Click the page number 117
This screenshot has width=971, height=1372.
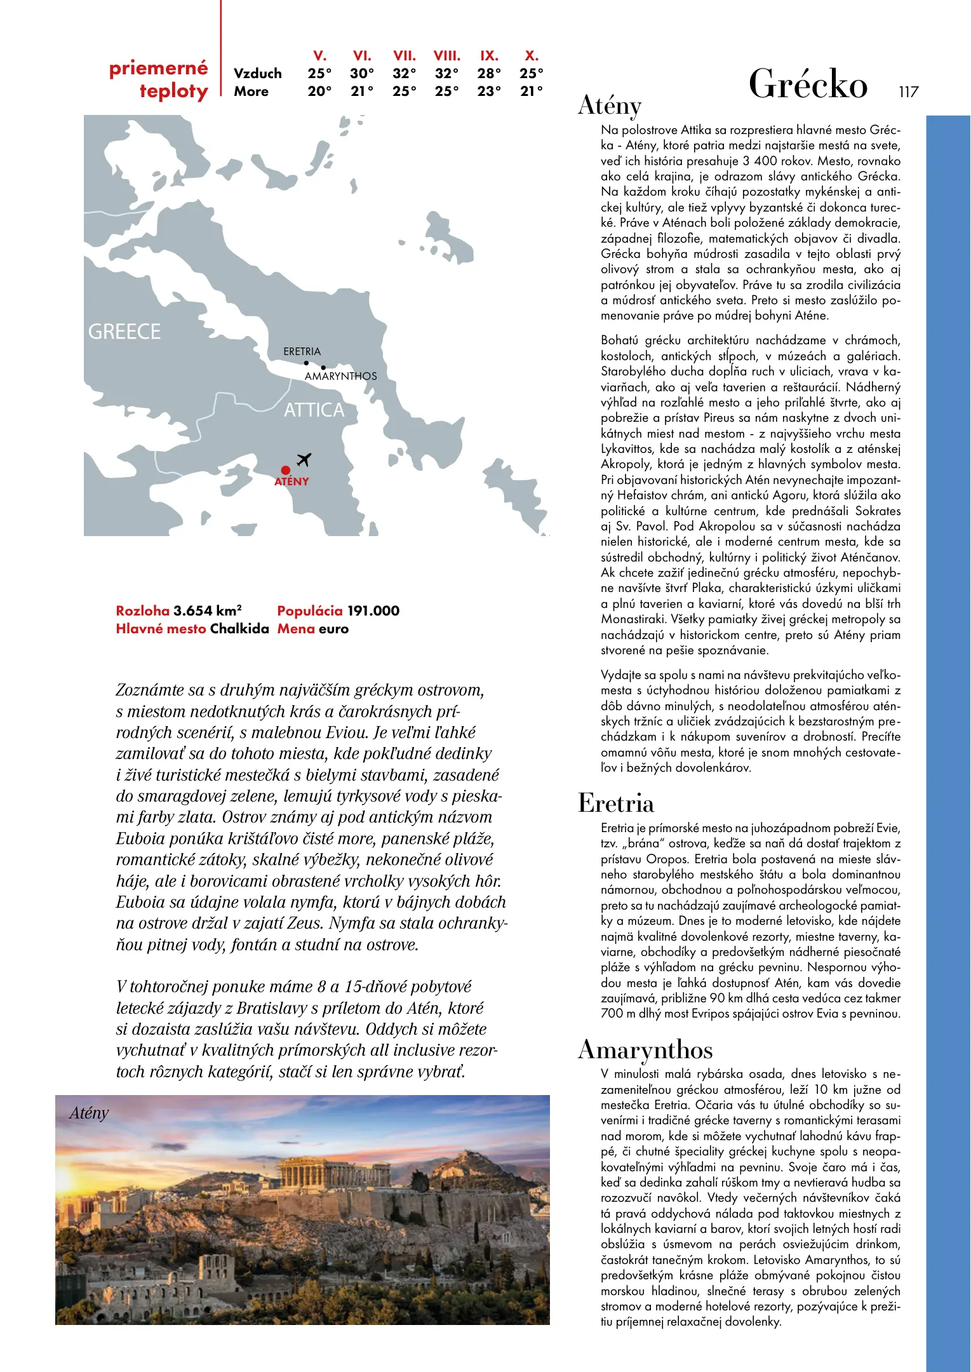908,92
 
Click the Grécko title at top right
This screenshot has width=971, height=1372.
808,84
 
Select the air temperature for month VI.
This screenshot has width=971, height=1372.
362,74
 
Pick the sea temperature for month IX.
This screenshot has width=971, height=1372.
489,91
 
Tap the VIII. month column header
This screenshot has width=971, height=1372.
447,56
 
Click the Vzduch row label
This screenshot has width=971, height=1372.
258,74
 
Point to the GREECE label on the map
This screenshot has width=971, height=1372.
124,332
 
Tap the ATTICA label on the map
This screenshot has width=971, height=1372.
314,410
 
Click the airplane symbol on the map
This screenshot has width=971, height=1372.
304,459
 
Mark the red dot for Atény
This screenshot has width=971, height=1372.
286,471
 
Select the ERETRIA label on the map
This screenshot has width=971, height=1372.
302,351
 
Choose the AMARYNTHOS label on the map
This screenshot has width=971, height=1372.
340,376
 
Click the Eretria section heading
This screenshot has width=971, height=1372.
616,804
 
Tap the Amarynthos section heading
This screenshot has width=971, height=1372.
645,1050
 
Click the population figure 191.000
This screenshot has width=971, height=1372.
373,611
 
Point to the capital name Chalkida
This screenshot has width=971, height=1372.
239,629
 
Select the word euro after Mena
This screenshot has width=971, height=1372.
333,629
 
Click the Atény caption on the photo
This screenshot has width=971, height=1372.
89,1113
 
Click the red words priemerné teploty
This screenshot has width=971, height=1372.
159,79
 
